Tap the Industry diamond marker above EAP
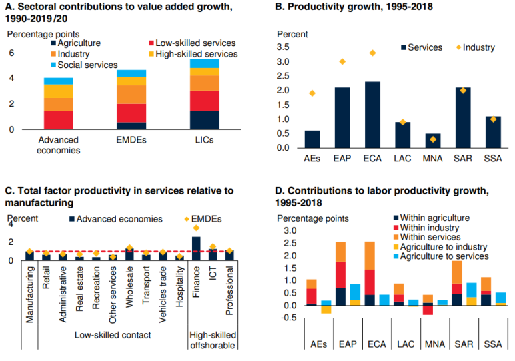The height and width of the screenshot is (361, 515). [x=342, y=61]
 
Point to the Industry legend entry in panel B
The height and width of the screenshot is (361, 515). [x=478, y=47]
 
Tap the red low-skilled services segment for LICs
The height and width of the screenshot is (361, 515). [x=204, y=100]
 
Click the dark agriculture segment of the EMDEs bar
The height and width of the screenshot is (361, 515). [x=131, y=125]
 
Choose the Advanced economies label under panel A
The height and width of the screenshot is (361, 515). [x=59, y=145]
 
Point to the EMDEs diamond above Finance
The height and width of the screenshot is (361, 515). [x=196, y=228]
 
